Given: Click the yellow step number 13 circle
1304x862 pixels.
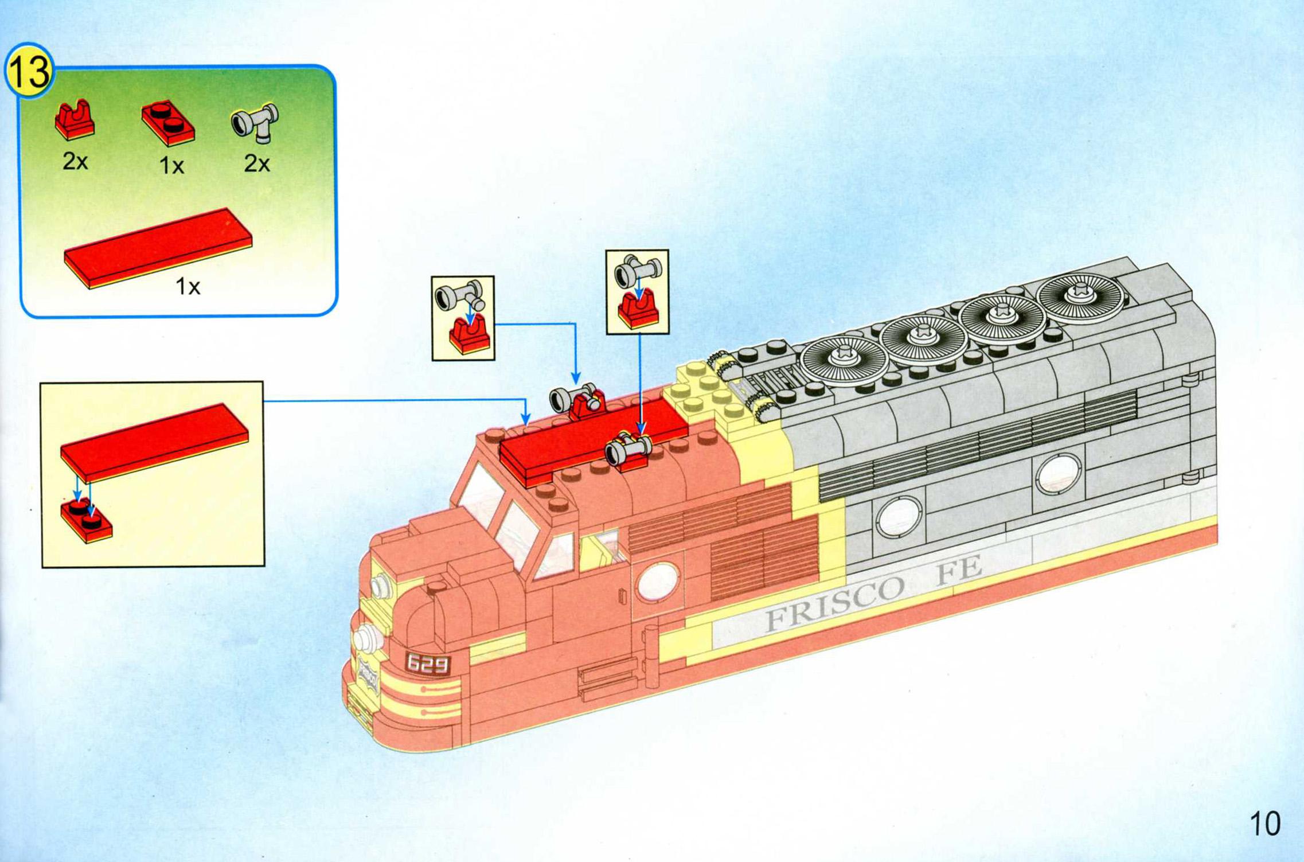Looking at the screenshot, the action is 29,72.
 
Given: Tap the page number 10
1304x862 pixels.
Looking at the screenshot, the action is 1264,824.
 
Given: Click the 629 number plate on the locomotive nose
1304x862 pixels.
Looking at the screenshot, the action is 427,664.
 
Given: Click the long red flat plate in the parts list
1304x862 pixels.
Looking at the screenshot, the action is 158,248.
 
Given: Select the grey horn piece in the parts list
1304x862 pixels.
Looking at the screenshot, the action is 255,123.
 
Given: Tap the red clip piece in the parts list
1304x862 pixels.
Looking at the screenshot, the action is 75,120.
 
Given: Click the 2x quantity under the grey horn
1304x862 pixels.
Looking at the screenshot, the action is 256,164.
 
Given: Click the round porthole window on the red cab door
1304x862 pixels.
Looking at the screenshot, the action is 658,582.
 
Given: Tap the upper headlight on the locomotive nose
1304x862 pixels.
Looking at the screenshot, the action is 380,586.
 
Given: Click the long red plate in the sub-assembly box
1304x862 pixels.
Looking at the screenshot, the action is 154,443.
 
